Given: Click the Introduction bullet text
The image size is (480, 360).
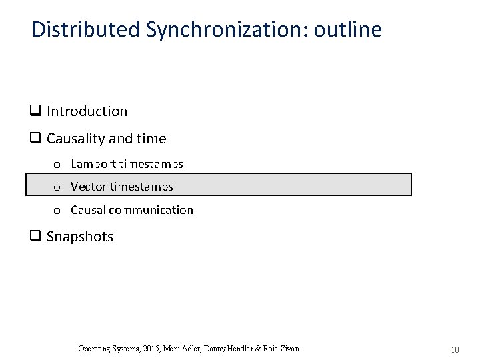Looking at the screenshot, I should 87,111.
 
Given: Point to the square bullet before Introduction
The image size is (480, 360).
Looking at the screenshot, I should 35,111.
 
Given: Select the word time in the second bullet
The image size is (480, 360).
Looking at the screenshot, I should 152,139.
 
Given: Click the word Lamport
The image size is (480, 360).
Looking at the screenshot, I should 93,164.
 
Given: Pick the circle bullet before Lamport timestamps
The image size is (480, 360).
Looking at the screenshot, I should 58,165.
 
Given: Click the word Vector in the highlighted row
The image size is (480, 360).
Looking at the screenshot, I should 89,187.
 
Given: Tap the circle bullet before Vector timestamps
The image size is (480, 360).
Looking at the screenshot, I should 58,187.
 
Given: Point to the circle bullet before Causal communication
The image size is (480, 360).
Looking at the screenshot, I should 58,211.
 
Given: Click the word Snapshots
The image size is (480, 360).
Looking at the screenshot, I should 80,237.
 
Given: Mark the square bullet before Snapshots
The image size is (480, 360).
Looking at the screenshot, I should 35,237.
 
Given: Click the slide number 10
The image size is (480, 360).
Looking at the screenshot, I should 455,349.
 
